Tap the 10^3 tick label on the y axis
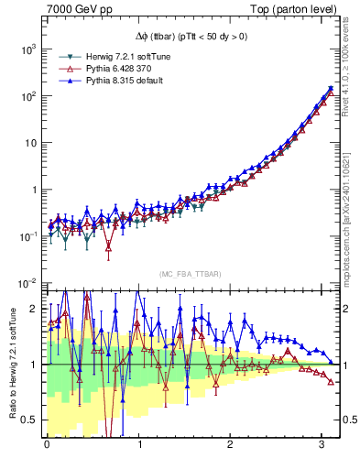26,49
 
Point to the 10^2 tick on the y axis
26,96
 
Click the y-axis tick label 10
27,143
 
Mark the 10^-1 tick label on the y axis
26,236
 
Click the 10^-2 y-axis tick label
26,283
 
